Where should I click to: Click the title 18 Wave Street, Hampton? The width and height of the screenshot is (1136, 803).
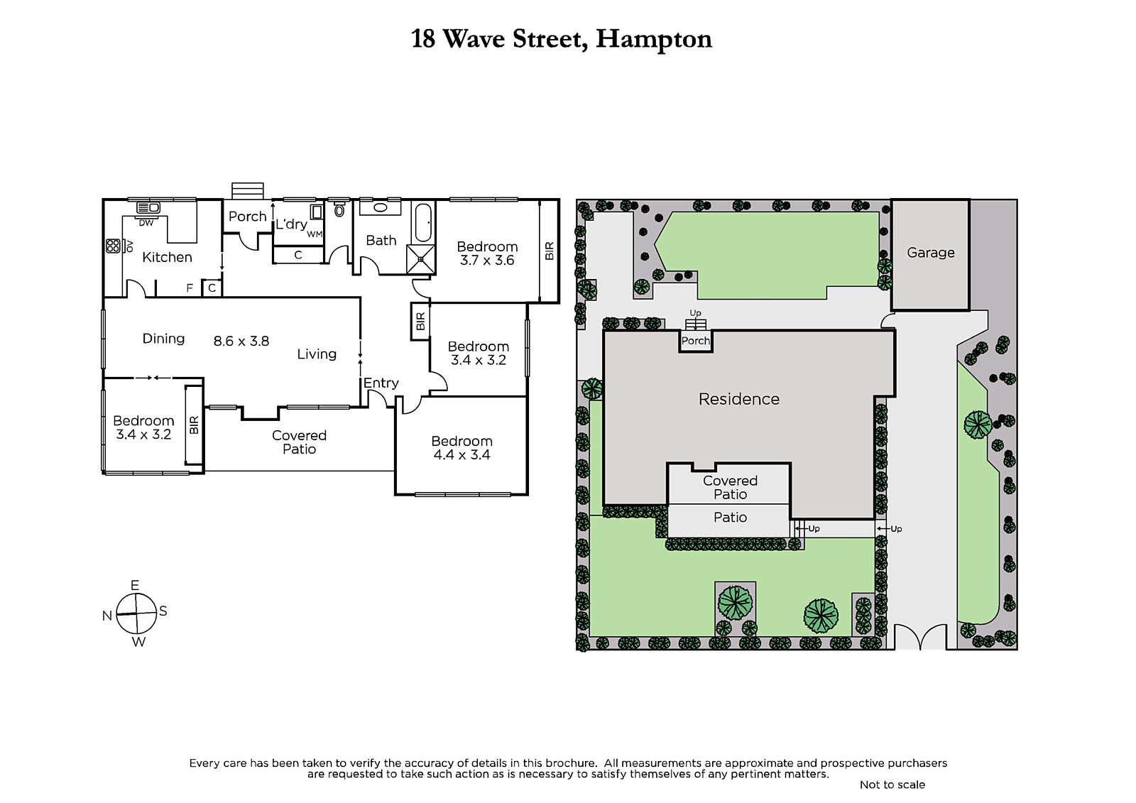[562, 40]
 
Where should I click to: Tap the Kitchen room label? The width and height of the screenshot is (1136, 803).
[167, 257]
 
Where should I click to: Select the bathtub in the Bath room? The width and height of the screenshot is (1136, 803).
[423, 223]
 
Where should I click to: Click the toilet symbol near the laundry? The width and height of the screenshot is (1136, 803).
[339, 208]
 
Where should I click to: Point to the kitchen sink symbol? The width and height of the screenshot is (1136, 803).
[148, 207]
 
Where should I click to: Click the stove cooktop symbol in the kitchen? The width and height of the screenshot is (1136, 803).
[113, 246]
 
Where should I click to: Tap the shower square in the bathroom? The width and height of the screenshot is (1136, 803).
[420, 259]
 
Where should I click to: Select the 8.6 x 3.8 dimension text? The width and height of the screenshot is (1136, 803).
[241, 341]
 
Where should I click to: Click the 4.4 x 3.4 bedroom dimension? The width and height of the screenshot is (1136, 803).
[461, 454]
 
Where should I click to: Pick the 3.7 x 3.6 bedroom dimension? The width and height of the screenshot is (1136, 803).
[487, 261]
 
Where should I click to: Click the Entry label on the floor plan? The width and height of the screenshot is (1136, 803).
[381, 383]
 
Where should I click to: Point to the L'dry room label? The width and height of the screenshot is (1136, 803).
[291, 224]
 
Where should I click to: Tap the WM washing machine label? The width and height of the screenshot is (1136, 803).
[315, 234]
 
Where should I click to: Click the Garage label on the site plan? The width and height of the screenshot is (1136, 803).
[931, 253]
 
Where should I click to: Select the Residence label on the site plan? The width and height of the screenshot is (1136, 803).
[739, 399]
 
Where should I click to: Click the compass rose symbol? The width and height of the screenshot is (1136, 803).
[136, 614]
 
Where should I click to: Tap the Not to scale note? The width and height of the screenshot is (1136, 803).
[892, 785]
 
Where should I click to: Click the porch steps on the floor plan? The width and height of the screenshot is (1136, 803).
[248, 191]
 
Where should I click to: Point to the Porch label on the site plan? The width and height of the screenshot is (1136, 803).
[695, 341]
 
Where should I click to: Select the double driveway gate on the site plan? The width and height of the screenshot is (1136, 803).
[920, 637]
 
